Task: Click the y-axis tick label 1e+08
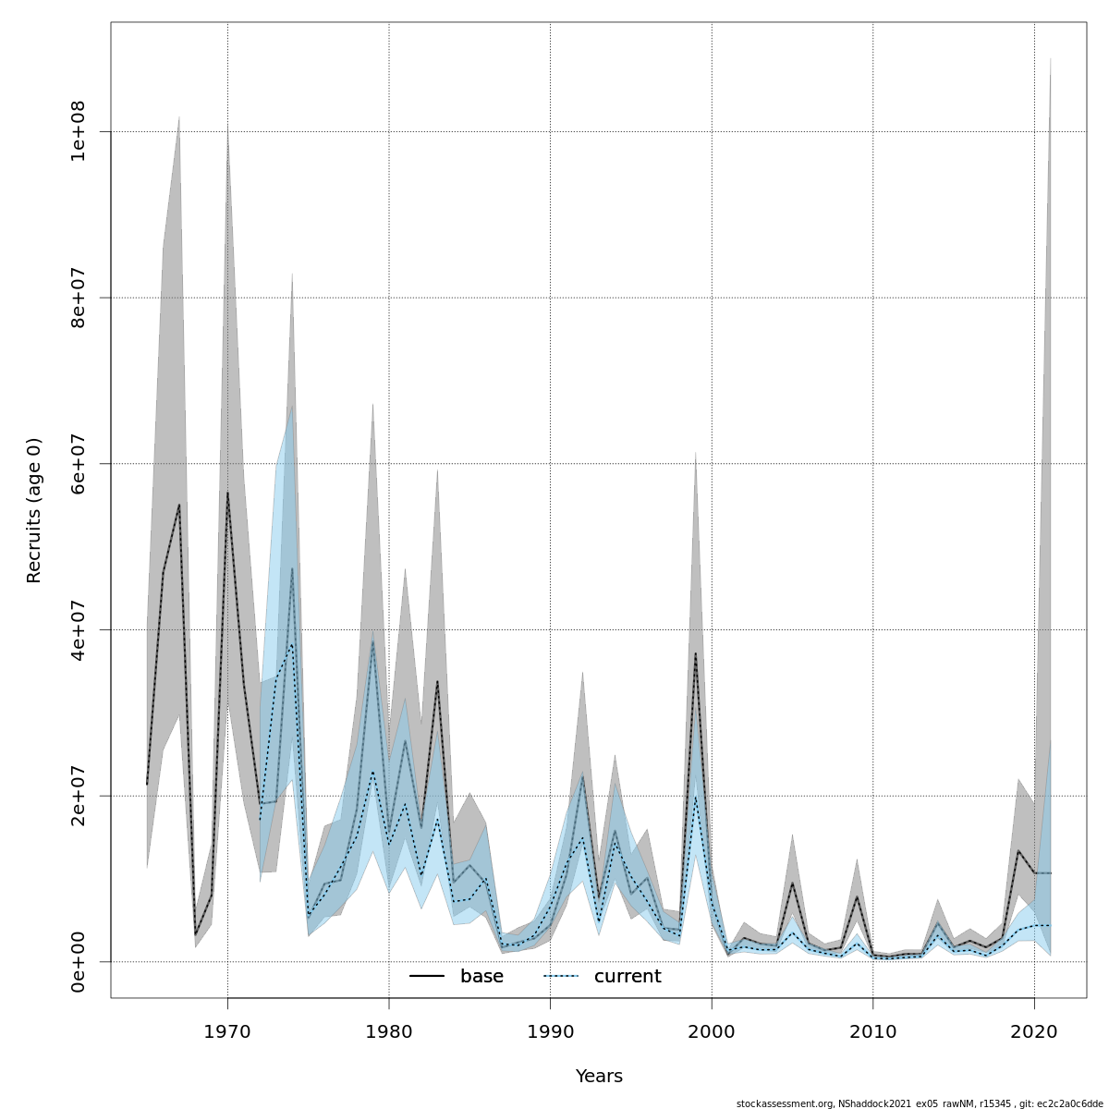(x=79, y=131)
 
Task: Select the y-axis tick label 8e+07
(x=79, y=298)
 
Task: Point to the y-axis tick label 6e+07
(x=79, y=463)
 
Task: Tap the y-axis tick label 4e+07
(x=79, y=629)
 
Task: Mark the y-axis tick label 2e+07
(x=79, y=796)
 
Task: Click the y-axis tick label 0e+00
(x=79, y=961)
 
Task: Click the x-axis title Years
(x=599, y=1077)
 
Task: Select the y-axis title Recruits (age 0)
(x=34, y=510)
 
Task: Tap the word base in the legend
(x=481, y=977)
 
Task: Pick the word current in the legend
(x=628, y=977)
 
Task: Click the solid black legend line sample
(x=427, y=977)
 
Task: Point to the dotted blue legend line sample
(x=560, y=977)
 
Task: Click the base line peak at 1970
(x=227, y=493)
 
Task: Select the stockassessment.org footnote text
(x=920, y=1103)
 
